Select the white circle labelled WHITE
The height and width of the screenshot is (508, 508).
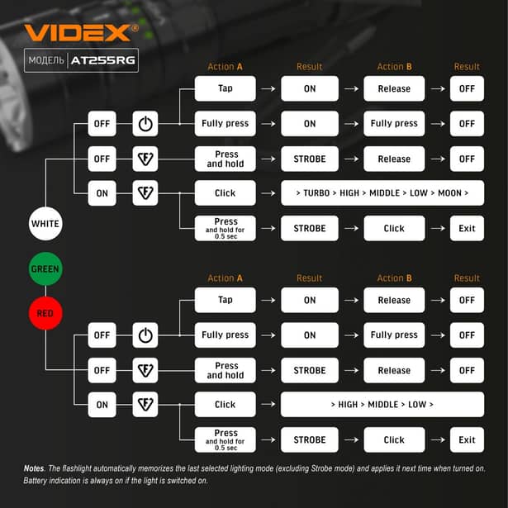point(45,223)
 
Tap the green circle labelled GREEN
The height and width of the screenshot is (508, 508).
point(45,269)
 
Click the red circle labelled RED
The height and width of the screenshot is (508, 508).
point(45,314)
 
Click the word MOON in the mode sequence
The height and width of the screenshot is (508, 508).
point(450,193)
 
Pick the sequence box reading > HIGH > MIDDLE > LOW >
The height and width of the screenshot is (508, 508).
point(382,405)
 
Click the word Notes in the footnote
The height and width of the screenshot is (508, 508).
point(34,468)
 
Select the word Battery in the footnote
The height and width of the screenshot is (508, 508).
point(39,481)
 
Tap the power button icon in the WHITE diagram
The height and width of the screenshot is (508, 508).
point(145,124)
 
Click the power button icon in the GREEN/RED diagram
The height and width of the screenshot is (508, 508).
point(145,335)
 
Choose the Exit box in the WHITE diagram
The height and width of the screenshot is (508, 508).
point(467,228)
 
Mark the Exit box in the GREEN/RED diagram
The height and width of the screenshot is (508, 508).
point(467,439)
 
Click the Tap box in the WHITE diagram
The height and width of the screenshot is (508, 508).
point(225,88)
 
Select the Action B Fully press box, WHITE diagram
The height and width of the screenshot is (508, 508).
point(394,124)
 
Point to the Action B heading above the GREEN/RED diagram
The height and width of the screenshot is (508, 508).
point(394,278)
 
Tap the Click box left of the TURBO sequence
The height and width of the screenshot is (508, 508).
point(225,193)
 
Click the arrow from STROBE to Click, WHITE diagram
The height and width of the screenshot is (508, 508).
point(352,228)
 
